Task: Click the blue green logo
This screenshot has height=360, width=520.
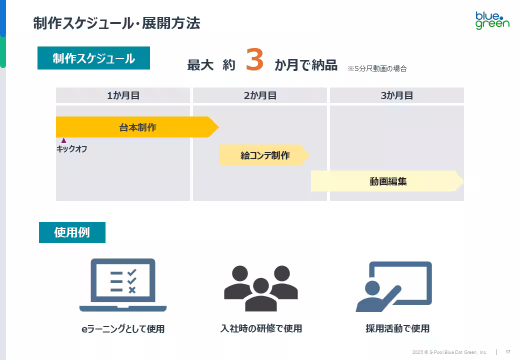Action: pos(492,20)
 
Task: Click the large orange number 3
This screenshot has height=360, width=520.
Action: pos(254,59)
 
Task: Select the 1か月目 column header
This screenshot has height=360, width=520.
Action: pos(123,95)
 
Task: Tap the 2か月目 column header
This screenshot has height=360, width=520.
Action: pos(260,95)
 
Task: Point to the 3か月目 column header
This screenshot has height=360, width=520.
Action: pos(397,95)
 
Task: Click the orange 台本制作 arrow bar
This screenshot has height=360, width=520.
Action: pos(137,127)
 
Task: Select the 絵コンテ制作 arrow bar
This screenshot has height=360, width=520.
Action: pos(264,155)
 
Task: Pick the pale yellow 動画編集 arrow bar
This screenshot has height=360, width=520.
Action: pos(387,181)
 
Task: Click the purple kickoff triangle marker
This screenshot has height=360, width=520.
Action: pos(63,140)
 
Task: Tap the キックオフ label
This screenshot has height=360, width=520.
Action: pos(71,149)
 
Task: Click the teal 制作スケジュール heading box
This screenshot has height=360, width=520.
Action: pos(93,58)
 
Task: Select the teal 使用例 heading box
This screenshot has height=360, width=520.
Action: pos(72,232)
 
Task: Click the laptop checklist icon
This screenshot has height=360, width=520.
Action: pos(123,285)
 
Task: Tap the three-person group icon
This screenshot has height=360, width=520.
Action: pos(260,288)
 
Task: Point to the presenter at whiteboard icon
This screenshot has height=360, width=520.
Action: pos(394,286)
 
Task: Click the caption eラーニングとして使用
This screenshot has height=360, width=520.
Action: pos(123,329)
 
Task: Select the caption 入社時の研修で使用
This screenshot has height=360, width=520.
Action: pos(261,328)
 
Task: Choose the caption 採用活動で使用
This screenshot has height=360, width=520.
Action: pos(397,328)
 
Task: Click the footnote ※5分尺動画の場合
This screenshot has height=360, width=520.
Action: pos(377,68)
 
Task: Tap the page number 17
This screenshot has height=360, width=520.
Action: pos(508,351)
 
